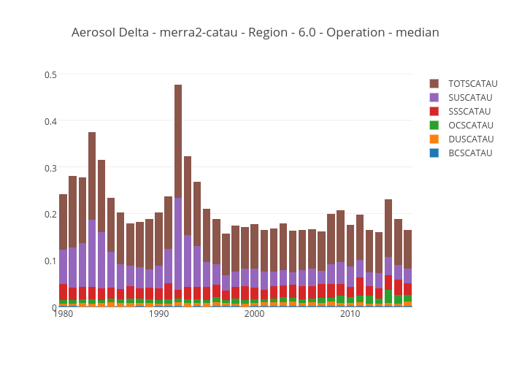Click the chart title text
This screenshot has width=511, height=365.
coord(255,33)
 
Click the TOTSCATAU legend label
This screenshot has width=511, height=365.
coord(472,83)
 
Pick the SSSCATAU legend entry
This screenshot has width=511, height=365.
coord(470,111)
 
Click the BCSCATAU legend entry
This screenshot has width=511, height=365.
coord(470,153)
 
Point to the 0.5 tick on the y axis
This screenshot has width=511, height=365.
coord(51,74)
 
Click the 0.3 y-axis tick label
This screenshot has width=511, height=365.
coord(51,168)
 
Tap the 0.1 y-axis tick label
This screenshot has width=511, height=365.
coord(51,261)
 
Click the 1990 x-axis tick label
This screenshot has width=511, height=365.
coord(159,314)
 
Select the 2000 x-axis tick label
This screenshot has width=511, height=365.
coord(255,314)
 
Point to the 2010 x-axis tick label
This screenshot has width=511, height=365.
coord(350,314)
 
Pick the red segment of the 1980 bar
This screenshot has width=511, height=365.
coord(64,292)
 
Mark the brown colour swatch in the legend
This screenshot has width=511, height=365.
coord(434,83)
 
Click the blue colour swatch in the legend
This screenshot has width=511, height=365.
coord(434,153)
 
